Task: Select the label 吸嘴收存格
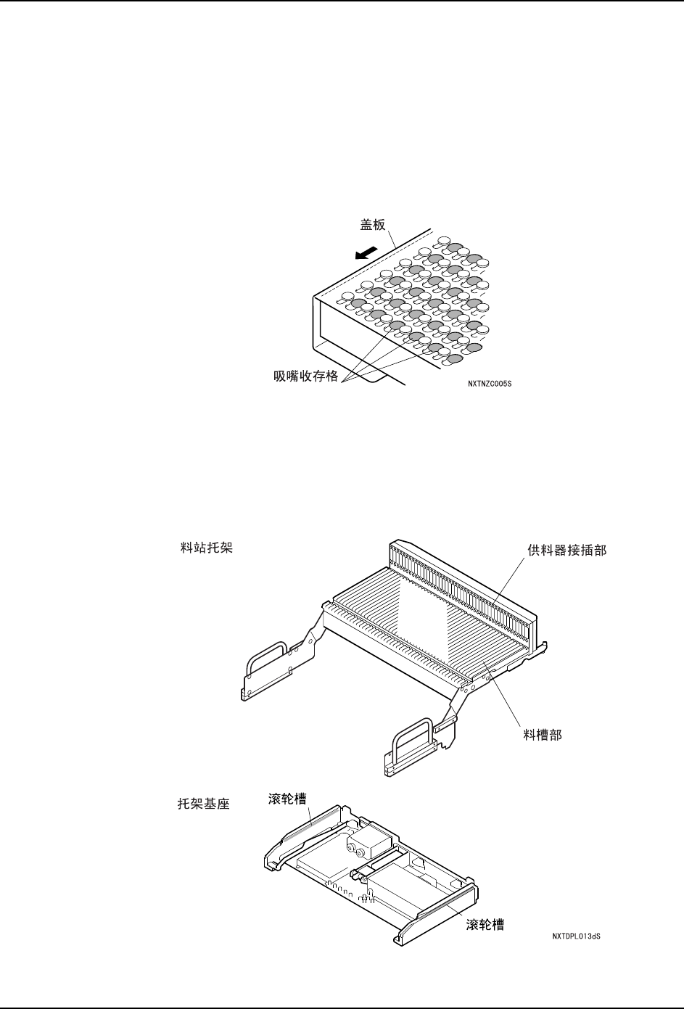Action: pos(306,377)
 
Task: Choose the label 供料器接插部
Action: pos(567,551)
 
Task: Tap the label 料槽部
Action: pos(543,735)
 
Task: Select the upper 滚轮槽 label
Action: pos(284,798)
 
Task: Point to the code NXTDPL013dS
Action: pos(576,936)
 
